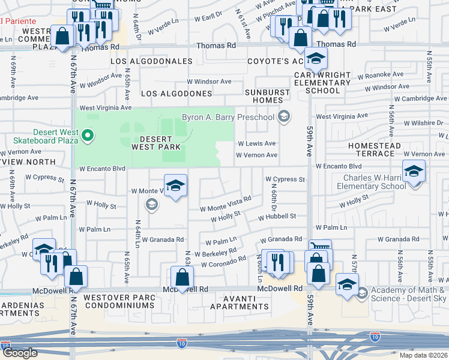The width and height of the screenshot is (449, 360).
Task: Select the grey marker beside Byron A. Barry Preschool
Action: [285, 117]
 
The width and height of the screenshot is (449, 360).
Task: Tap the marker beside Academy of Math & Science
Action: [361, 292]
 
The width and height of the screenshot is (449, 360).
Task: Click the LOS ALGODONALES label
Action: [151, 61]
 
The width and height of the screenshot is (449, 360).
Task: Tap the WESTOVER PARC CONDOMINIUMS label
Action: [119, 301]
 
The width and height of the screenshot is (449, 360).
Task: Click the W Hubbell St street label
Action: [277, 216]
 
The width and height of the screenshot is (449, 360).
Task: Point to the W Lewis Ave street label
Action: [256, 143]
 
